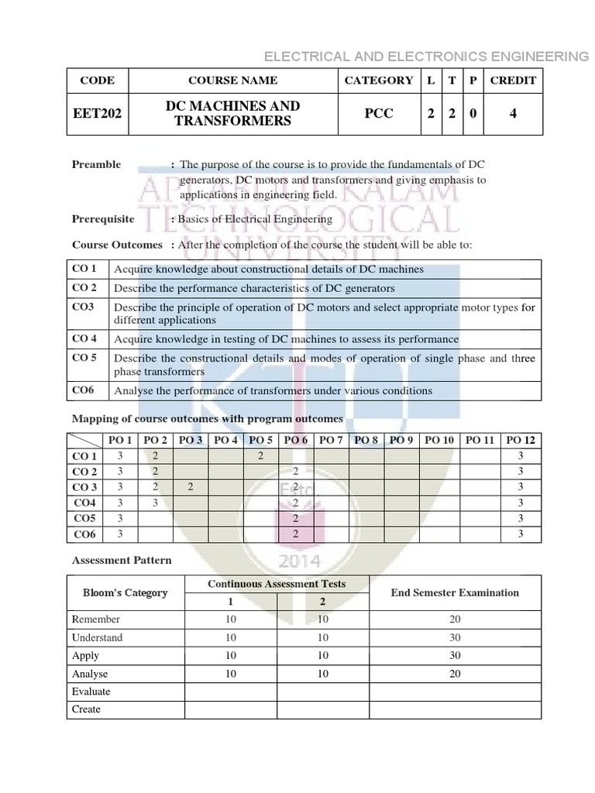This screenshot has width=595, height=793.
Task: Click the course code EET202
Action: click(x=96, y=114)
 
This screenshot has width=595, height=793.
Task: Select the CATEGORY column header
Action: click(x=378, y=80)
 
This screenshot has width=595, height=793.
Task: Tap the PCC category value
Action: click(x=378, y=114)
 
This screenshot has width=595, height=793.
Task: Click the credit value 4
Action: click(x=513, y=114)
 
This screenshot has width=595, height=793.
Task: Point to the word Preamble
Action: click(x=96, y=164)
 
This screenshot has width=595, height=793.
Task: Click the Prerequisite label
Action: click(x=103, y=218)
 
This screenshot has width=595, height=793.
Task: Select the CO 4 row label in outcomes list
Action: click(x=84, y=338)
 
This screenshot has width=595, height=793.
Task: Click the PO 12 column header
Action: click(x=521, y=440)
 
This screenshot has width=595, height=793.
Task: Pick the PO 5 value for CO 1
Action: click(x=261, y=456)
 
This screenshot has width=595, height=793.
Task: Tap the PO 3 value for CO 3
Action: click(x=190, y=487)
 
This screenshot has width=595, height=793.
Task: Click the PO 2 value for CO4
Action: click(x=156, y=503)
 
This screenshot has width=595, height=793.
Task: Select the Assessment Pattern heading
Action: click(x=122, y=560)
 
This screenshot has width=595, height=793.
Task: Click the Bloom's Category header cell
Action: click(x=126, y=592)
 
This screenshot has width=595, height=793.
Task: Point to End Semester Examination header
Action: click(x=455, y=592)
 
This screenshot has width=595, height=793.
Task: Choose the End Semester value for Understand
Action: click(x=455, y=637)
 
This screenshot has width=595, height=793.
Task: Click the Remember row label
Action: click(x=96, y=620)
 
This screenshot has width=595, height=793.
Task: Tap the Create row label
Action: click(x=86, y=709)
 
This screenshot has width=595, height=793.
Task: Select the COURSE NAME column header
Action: click(x=232, y=80)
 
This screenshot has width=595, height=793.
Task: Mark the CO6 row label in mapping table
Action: click(x=84, y=534)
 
